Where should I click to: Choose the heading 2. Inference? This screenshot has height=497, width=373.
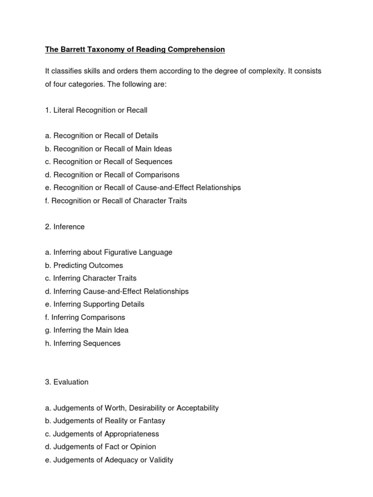pyautogui.click(x=65, y=227)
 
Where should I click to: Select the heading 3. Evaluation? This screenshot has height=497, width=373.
pyautogui.click(x=67, y=382)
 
